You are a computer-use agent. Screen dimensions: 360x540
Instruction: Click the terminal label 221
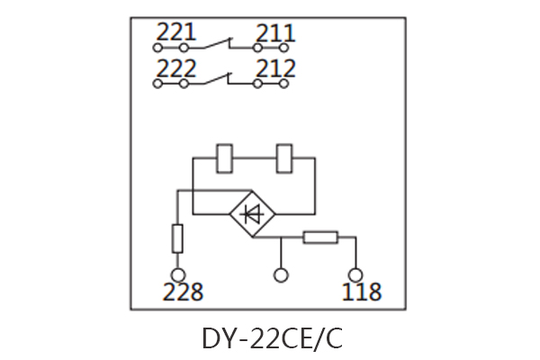(175, 33)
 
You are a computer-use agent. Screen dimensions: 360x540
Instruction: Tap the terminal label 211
(275, 34)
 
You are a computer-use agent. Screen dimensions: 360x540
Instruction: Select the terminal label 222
(175, 67)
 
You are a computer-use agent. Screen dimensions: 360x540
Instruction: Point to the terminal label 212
(275, 68)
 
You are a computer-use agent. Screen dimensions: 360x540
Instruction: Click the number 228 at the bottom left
(183, 292)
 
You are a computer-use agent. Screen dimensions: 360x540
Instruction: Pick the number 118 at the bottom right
(362, 292)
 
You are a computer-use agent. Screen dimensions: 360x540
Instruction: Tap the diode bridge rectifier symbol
(253, 213)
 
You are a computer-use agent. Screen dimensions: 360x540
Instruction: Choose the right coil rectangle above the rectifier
(286, 157)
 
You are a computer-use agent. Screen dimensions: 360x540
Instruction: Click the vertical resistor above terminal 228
(177, 238)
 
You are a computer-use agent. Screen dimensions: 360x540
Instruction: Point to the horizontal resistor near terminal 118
(320, 238)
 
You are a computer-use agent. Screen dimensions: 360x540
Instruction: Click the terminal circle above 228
(177, 274)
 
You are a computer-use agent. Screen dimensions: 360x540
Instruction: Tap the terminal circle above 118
(356, 274)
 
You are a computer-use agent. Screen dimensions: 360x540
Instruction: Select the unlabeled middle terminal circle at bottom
(282, 274)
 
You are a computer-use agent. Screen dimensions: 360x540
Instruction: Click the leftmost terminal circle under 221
(157, 49)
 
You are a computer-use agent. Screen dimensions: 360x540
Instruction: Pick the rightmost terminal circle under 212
(284, 84)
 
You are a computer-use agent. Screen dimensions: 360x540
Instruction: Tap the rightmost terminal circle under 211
(284, 49)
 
